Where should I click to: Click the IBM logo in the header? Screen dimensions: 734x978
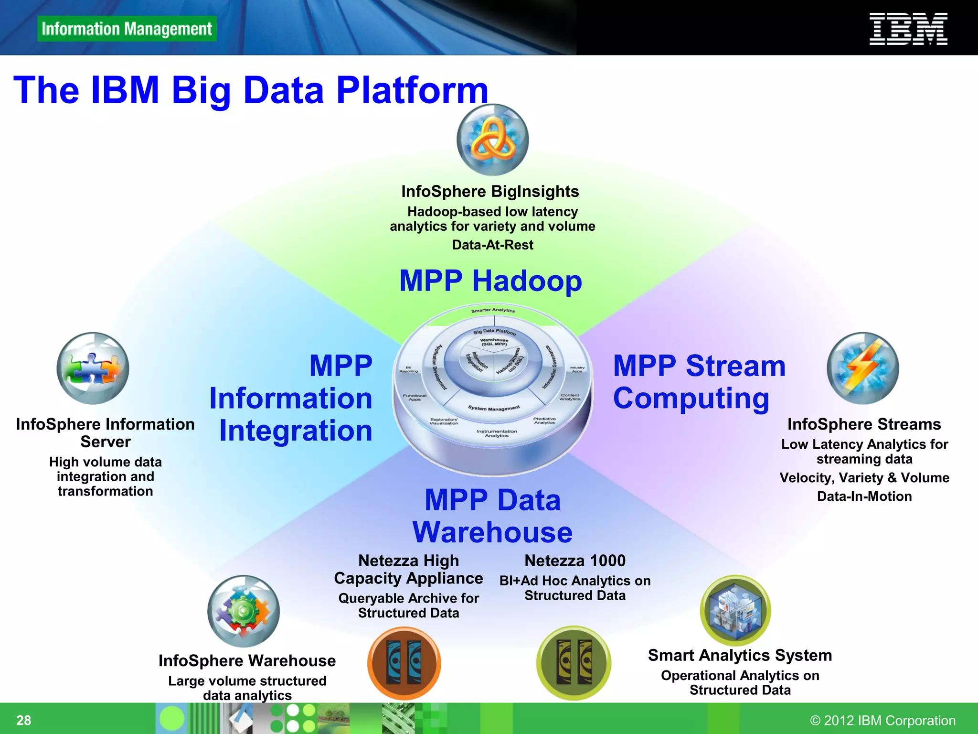click(908, 29)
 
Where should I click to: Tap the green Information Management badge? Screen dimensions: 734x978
click(127, 29)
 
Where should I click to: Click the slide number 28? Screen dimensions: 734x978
click(24, 720)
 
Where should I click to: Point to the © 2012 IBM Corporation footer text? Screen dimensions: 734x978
click(882, 720)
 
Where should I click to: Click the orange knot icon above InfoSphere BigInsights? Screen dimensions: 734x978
click(492, 140)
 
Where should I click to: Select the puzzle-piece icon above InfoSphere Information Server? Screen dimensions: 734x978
click(93, 368)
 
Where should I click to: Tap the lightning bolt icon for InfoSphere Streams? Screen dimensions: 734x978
click(862, 368)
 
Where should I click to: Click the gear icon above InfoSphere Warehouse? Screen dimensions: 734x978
click(244, 611)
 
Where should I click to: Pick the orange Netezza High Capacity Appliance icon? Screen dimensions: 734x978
click(404, 663)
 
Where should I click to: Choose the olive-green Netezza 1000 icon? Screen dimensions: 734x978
click(574, 663)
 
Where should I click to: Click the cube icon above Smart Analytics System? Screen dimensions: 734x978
click(735, 610)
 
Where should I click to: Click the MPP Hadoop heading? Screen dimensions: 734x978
click(490, 281)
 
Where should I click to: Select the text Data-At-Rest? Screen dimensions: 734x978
click(492, 245)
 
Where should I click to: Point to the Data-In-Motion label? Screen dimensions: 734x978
click(864, 496)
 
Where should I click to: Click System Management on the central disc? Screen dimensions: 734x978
click(494, 408)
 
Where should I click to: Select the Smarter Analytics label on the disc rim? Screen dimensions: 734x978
click(493, 311)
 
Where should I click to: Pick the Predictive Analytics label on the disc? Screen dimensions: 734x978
click(544, 421)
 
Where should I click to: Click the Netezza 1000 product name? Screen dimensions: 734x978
click(574, 560)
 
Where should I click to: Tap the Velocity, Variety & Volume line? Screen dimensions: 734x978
click(864, 477)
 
